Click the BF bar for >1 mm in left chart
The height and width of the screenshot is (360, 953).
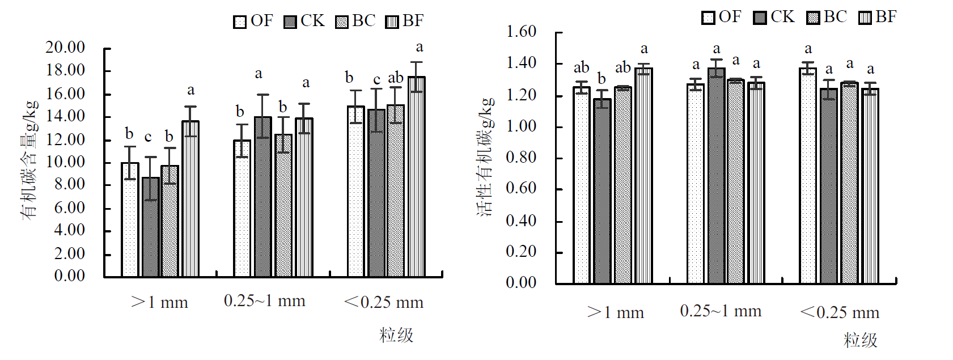tap(190, 198)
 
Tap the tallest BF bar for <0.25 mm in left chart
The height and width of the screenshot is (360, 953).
tap(417, 176)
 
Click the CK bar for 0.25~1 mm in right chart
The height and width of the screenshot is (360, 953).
tap(716, 176)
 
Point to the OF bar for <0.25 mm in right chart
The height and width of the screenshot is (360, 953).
tap(808, 176)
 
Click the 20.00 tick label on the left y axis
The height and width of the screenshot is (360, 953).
tap(65, 48)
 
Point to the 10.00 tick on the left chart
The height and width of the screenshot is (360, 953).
tap(65, 162)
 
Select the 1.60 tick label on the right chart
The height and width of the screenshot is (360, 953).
tap(521, 32)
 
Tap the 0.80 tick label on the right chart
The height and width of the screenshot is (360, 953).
tap(521, 157)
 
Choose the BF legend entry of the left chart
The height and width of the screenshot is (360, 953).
tap(405, 21)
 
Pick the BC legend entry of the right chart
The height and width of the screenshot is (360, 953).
tap(827, 17)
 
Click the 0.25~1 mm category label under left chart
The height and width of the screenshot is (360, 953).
tap(265, 301)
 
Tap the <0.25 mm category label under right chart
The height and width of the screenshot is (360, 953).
tap(840, 312)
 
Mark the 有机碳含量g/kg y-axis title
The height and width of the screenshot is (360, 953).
tap(30, 159)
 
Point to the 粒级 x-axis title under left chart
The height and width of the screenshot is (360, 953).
tap(396, 335)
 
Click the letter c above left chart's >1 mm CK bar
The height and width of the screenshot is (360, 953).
tap(148, 137)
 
